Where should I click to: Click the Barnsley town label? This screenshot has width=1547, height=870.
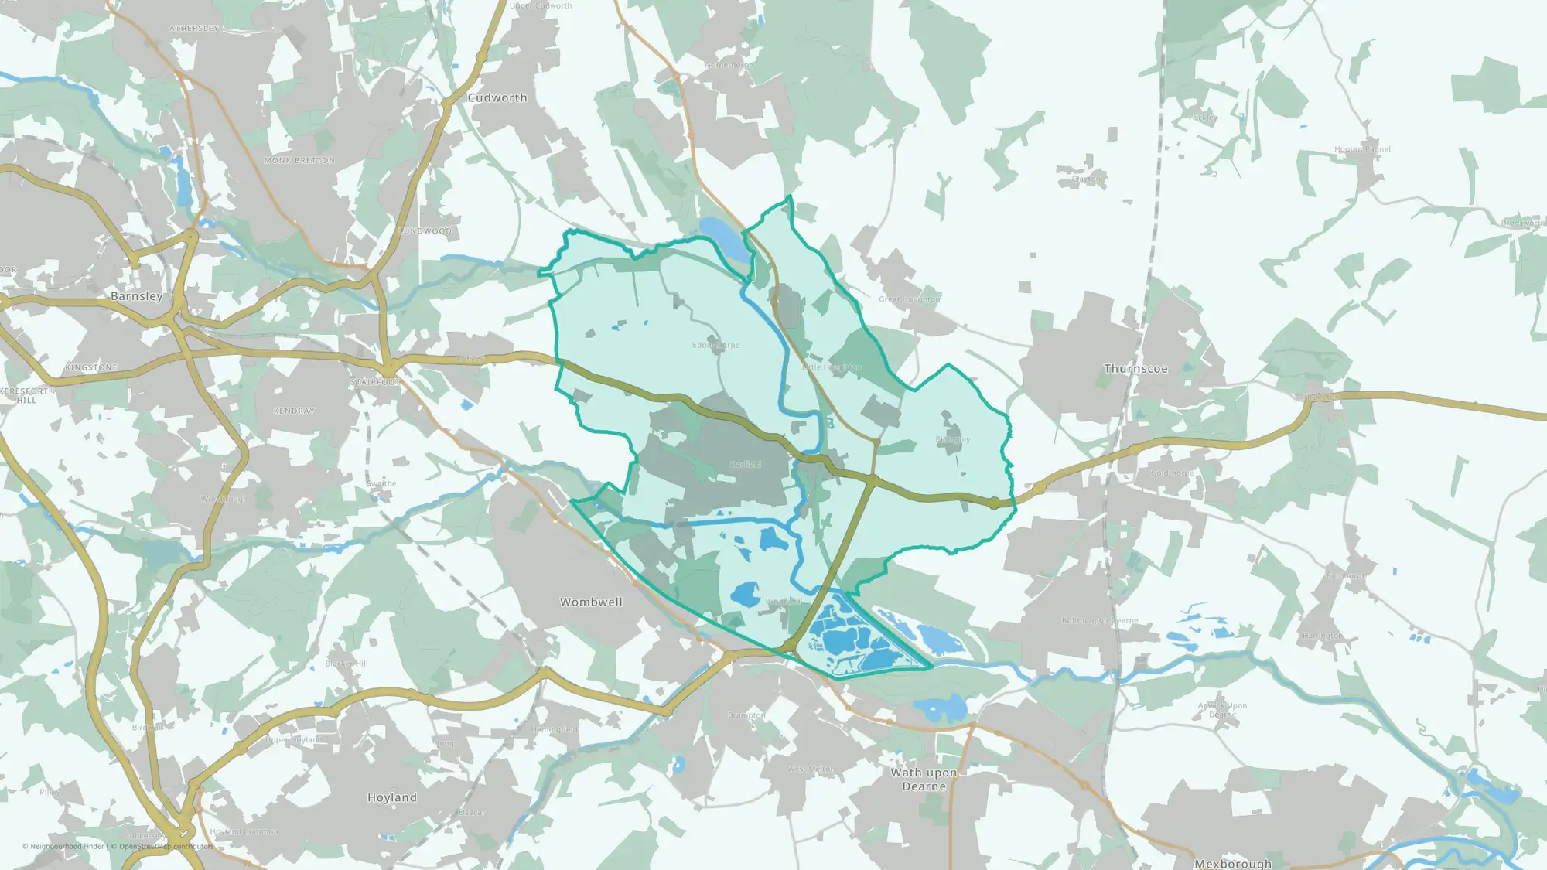point(137,296)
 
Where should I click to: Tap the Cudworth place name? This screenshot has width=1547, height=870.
point(497,98)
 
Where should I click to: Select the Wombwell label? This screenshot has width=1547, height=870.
point(591,602)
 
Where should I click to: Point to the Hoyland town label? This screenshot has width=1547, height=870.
point(392,797)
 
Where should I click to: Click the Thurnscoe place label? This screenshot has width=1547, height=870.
point(1135,369)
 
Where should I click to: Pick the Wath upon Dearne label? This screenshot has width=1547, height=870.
point(924,780)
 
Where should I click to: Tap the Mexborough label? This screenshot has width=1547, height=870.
point(1233,863)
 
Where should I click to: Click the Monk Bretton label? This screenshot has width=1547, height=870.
point(300,161)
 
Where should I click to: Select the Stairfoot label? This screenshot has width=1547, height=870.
point(376,383)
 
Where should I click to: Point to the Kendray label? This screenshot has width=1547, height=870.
point(294,411)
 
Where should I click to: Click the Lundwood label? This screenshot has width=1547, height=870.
point(425,231)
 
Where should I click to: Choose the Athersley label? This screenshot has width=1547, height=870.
point(194,29)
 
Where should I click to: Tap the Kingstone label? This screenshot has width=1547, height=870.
point(91,367)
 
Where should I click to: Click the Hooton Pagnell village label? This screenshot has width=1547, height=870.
point(1363,149)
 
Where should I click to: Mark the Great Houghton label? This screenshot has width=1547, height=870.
point(910,299)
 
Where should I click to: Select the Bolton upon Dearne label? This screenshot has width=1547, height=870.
point(1100,621)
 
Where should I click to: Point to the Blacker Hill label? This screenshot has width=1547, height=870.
point(347,664)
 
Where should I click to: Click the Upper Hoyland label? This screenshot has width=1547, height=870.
point(294,740)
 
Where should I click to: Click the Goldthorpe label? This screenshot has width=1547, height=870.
point(1173,473)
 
